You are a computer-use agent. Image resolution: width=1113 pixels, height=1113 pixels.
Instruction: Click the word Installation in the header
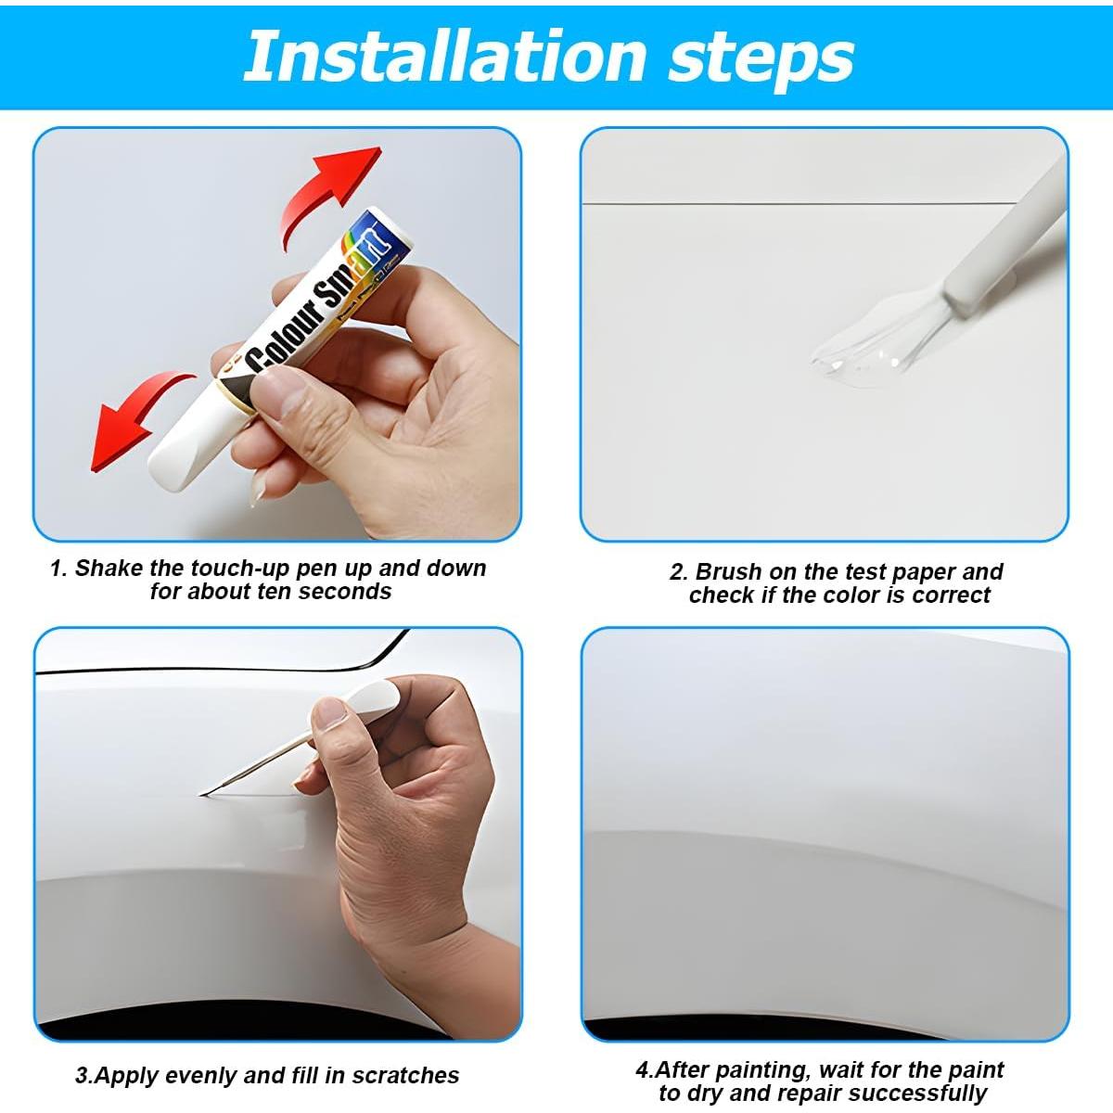(445, 57)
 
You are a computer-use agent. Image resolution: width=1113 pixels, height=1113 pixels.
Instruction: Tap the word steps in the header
(761, 61)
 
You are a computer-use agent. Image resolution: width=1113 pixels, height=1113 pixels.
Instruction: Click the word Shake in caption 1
(109, 569)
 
